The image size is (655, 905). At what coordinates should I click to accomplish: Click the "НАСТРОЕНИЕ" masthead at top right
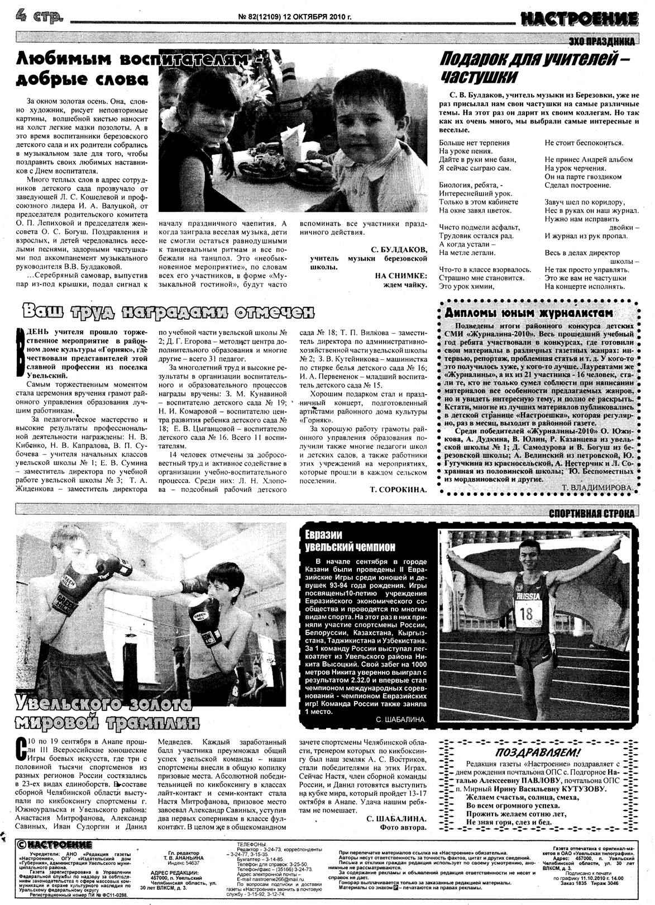578,19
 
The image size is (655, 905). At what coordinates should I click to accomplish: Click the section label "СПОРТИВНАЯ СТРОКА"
591,513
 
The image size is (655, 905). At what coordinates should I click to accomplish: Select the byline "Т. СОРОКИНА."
398,490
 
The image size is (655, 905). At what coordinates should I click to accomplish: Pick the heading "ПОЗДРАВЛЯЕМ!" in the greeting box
538,751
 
